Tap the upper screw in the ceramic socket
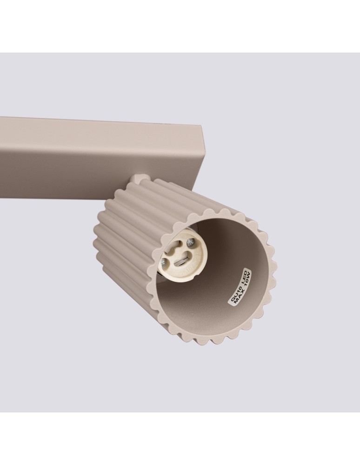click(x=190, y=242)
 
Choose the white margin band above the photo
click(x=180, y=26)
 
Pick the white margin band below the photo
click(x=180, y=439)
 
